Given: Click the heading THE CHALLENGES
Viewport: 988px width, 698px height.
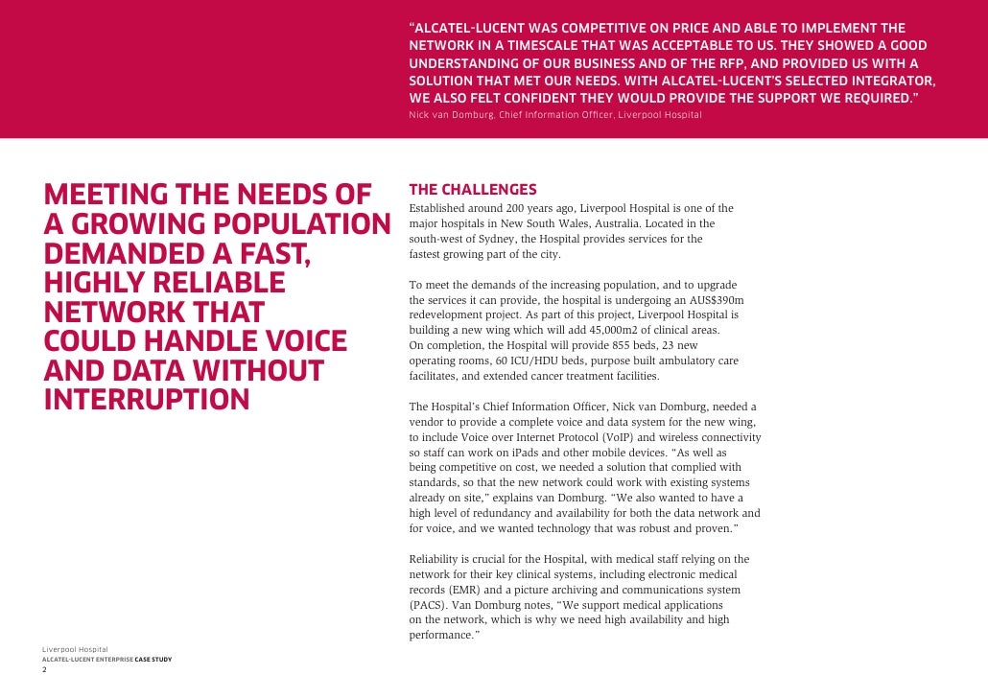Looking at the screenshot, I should [473, 190].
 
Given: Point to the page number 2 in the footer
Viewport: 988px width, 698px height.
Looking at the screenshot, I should [44, 669].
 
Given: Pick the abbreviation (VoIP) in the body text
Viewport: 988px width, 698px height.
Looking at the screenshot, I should [622, 436].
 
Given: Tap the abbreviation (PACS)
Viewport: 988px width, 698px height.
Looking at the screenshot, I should [427, 605].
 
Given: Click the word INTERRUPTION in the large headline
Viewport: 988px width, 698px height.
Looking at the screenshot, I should [147, 400].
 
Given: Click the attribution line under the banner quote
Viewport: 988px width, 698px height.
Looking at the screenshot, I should [555, 115].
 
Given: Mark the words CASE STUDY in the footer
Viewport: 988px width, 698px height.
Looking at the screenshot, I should [153, 660].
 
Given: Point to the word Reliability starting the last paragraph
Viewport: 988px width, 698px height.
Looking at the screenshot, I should [439, 559].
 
